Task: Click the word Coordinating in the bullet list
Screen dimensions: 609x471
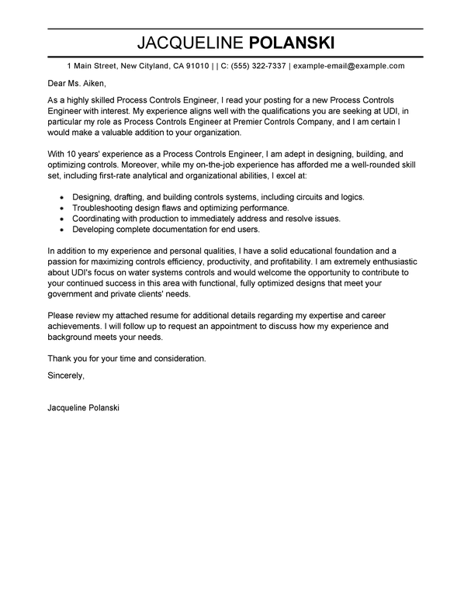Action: click(102, 220)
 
